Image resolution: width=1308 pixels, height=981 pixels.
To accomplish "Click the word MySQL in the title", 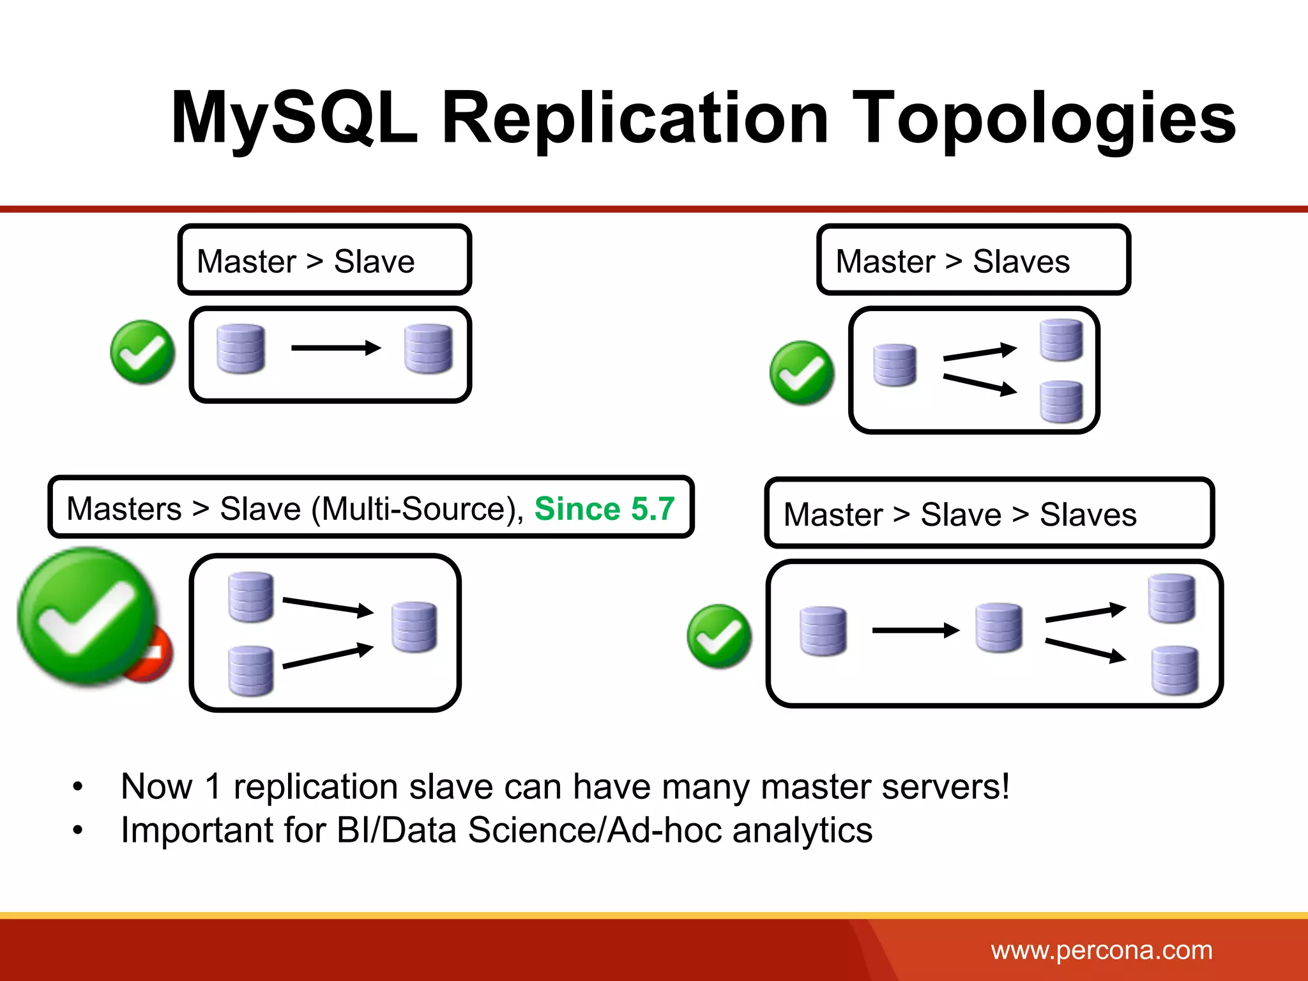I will [294, 119].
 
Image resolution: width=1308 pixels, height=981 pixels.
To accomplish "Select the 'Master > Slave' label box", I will [324, 260].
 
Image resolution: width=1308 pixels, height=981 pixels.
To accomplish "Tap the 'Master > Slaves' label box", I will [973, 260].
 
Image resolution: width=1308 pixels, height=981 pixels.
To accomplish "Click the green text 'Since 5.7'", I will [604, 509].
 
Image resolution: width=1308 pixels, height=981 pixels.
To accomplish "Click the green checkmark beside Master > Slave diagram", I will [142, 352].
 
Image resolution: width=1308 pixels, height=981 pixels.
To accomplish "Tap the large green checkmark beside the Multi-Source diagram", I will [86, 616].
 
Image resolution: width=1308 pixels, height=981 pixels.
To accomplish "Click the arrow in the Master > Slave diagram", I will [336, 348].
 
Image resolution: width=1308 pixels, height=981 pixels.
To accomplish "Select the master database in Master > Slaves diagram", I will [894, 365].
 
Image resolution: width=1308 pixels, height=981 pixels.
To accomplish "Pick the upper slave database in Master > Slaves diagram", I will [1061, 340].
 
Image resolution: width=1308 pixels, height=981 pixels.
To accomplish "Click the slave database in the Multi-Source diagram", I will [414, 627].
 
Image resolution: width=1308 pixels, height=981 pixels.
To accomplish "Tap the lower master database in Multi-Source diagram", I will [250, 671].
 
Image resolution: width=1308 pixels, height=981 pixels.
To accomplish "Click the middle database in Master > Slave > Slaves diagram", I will [999, 628].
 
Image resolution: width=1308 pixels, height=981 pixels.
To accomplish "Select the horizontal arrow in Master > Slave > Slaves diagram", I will [915, 631].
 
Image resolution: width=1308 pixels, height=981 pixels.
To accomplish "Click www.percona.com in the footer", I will [1101, 950].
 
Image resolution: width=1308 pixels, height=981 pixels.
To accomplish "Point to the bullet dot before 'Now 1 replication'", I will [78, 787].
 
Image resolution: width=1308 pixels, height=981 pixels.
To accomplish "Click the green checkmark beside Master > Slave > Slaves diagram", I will [719, 636].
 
